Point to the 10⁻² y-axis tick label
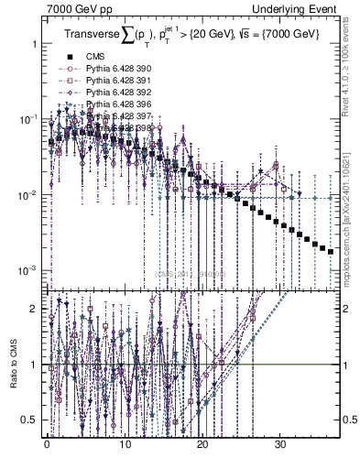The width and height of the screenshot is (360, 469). (29, 195)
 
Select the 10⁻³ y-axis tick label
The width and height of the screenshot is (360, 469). (29, 271)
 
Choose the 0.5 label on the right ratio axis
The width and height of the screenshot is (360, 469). (347, 420)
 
